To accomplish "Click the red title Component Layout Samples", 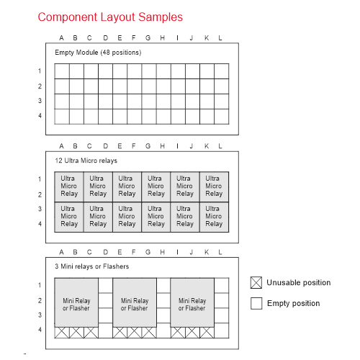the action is coord(110,17).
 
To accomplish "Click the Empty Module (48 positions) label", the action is coord(98,53).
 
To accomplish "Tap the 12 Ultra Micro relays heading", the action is coord(86,161).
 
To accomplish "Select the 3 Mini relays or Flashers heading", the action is coord(91,266).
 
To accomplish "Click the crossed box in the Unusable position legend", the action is coord(256,282).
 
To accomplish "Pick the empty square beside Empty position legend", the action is coord(256,303).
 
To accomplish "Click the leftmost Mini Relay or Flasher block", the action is coord(76,302).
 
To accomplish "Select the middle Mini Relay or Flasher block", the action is coord(135,302).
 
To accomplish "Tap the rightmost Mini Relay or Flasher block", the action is coord(192,302).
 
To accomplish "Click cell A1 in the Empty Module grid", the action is coord(62,71).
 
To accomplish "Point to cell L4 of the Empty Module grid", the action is coord(222,117).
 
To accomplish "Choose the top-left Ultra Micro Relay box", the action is coord(69,186).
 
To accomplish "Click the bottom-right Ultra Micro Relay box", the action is coord(214,217).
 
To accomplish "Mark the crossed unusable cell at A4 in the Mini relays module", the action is coord(62,333).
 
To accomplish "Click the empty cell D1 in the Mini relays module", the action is coord(105,286).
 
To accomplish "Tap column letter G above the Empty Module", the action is coord(148,38).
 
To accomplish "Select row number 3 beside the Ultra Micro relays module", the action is coord(40,209).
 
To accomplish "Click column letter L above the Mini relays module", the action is coord(220,252).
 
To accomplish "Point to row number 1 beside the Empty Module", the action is coord(40,71).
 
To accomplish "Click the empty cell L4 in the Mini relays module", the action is coord(222,330).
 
